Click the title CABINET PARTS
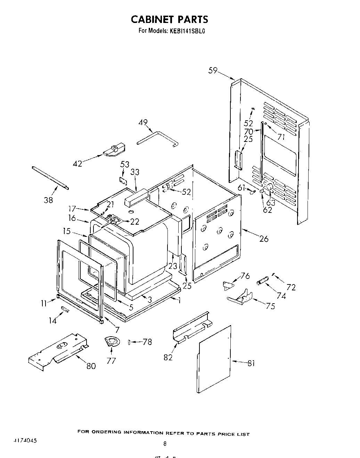(169, 19)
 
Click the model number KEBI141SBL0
(188, 31)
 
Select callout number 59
(213, 71)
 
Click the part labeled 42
(114, 151)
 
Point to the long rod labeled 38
(50, 178)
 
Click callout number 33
(135, 172)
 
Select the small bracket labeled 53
(123, 179)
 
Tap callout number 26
(264, 239)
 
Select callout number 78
(147, 342)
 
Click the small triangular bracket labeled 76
(228, 286)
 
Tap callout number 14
(52, 320)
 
